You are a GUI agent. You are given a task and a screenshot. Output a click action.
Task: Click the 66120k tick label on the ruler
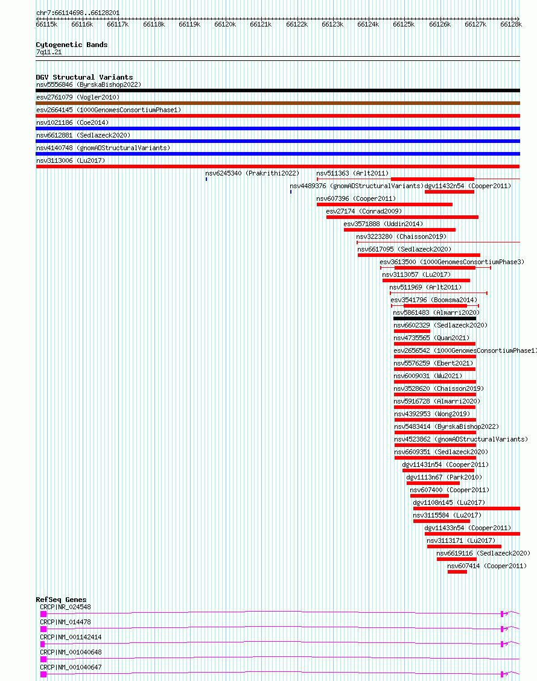pos(225,24)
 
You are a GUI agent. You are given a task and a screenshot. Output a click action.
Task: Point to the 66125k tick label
pos(404,24)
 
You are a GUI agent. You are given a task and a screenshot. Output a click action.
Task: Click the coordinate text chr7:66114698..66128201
pos(78,13)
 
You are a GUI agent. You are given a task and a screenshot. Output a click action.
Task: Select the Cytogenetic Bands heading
pos(72,45)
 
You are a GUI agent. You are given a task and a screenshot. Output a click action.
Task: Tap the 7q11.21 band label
pos(49,52)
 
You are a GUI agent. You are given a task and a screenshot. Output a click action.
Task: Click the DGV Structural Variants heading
pos(84,77)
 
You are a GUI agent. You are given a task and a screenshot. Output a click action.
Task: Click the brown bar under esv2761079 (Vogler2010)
pos(278,103)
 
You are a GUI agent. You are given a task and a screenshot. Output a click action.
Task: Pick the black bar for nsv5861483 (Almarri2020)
pos(434,318)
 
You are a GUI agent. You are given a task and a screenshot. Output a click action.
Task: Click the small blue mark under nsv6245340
pos(206,179)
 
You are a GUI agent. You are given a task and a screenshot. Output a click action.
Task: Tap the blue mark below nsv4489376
pos(291,192)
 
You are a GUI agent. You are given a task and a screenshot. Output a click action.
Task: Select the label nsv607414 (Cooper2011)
pos(487,566)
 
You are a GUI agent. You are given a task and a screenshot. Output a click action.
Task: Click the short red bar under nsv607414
pos(457,572)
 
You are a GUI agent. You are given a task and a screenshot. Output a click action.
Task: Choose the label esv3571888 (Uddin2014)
pos(383,224)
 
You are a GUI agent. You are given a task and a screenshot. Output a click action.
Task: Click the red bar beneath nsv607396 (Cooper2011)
pos(384,204)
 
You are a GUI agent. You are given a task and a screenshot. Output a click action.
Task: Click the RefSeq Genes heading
pos(62,600)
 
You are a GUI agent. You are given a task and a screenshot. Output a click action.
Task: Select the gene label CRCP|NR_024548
pos(65,607)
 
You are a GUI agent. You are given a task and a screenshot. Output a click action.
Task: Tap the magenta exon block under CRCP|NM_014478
pos(43,629)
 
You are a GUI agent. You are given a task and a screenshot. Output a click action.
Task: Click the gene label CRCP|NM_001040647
pos(71,668)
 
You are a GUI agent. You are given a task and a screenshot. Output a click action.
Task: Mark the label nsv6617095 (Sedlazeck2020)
pos(404,249)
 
